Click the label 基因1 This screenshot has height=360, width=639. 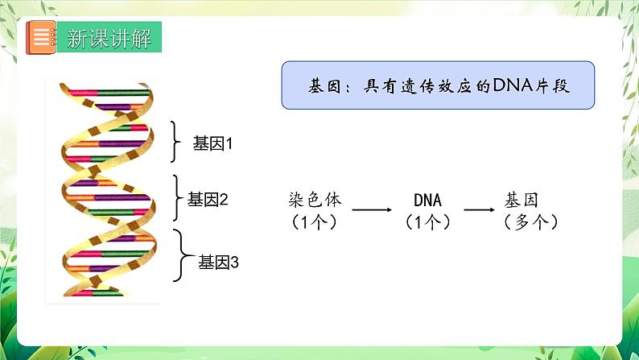[212, 144]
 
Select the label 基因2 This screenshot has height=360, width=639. [208, 198]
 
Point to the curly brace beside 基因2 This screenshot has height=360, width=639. [179, 197]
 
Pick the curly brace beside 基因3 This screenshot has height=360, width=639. [183, 256]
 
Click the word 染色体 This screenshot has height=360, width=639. [311, 200]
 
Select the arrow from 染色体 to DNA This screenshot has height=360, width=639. [372, 210]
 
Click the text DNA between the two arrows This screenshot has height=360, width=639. [427, 200]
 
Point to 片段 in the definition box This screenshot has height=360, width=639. [551, 85]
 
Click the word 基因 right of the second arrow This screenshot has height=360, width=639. [522, 200]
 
